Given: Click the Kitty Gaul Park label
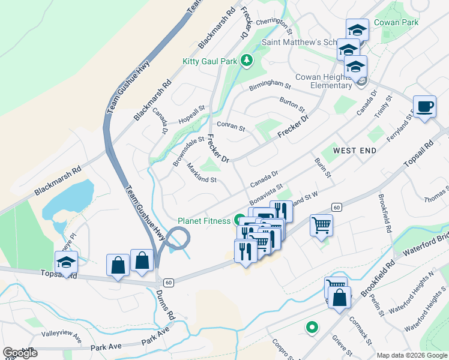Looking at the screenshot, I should click(210, 61).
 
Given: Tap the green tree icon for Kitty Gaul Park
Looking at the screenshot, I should click(246, 60).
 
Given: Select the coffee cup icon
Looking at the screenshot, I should click(425, 106).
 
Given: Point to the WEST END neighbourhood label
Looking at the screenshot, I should click(355, 150).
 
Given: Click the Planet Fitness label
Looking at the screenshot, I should click(204, 221).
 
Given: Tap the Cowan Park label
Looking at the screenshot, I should click(396, 22).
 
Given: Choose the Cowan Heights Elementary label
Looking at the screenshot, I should click(331, 81).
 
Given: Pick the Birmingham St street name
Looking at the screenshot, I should click(270, 86).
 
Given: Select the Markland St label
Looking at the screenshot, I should click(201, 173).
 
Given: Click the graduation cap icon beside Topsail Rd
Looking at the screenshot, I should click(66, 262).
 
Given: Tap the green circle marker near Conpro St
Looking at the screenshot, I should click(312, 328).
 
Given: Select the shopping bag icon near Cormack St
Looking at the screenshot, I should click(339, 298).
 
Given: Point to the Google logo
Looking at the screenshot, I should click(20, 352).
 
